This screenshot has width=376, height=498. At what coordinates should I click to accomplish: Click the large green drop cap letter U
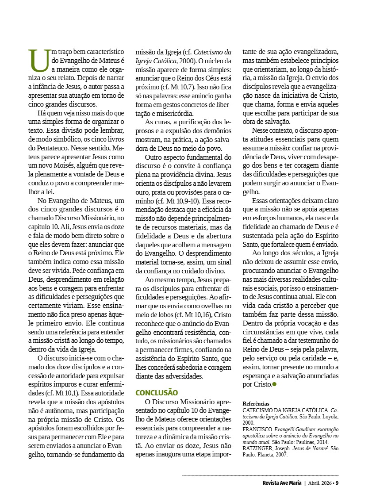39,60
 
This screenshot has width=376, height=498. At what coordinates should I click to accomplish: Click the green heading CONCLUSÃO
157,393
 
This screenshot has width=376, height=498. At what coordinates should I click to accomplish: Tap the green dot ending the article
274,384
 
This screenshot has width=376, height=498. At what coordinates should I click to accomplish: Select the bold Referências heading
256,404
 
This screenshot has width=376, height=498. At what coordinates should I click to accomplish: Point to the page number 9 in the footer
337,483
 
